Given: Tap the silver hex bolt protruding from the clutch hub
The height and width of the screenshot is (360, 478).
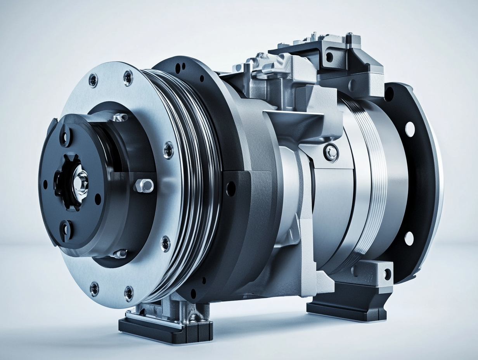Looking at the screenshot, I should pyautogui.click(x=144, y=185).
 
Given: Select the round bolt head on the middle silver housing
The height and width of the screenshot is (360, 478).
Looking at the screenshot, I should pyautogui.click(x=331, y=152).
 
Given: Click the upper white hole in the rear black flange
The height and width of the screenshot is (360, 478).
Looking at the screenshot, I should pyautogui.click(x=410, y=129).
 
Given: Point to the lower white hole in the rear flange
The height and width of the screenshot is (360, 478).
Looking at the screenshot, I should pyautogui.click(x=409, y=238).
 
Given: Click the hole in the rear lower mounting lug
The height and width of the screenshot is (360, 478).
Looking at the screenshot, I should pyautogui.click(x=387, y=274).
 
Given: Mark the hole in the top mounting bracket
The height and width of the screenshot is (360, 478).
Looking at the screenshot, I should pyautogui.click(x=329, y=57).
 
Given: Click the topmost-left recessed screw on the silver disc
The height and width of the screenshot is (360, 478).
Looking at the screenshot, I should pyautogui.click(x=93, y=80).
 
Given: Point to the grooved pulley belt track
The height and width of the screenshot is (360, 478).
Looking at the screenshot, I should pyautogui.click(x=198, y=182).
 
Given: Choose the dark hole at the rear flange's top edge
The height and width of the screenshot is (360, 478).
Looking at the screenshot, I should pyautogui.click(x=389, y=93).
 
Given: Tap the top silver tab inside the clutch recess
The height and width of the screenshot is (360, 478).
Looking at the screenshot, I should pyautogui.click(x=119, y=117).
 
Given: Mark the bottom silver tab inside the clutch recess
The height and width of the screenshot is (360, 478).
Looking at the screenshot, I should pyautogui.click(x=119, y=254).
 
